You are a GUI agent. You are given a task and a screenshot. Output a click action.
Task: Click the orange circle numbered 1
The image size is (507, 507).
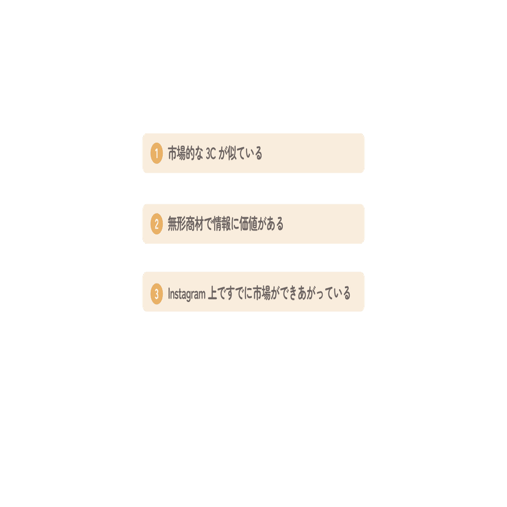click(x=156, y=154)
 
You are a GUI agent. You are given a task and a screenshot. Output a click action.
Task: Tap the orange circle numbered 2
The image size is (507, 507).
click(x=156, y=224)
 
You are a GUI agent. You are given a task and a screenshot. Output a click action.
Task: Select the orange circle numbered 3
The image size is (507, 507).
click(x=156, y=294)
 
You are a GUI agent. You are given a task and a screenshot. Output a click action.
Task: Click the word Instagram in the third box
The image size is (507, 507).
click(x=187, y=294)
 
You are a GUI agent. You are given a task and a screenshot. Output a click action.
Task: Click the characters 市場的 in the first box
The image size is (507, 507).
click(x=181, y=154)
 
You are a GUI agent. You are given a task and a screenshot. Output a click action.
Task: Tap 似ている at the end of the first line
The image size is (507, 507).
click(x=247, y=154)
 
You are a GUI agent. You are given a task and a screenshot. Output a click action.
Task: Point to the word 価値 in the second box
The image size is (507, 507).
click(x=252, y=224)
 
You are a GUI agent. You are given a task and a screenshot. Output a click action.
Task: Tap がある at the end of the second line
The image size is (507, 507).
click(x=273, y=224)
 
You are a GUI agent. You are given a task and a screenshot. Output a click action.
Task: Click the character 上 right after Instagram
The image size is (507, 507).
click(x=212, y=294)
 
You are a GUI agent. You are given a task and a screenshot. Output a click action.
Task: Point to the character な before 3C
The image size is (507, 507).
click(x=200, y=154)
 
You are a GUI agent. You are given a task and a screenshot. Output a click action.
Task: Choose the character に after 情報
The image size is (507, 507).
click(x=237, y=224)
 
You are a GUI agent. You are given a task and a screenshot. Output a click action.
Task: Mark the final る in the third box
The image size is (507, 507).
click(x=346, y=294)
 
